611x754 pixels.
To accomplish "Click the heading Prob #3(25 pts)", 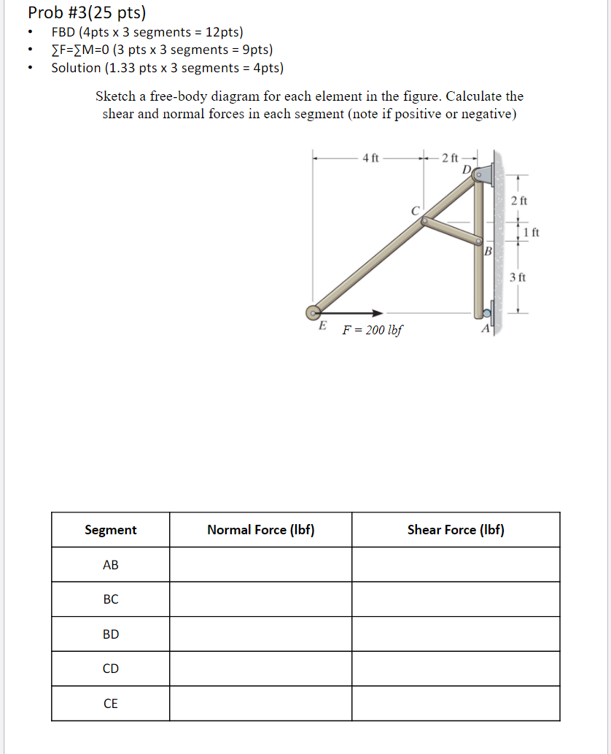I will [86, 12].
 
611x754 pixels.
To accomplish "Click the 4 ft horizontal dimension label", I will [370, 157].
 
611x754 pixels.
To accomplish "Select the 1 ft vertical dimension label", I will [532, 233].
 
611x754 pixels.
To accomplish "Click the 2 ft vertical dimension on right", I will [518, 200].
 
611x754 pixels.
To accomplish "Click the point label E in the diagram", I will [322, 326].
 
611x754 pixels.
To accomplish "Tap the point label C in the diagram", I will [415, 210].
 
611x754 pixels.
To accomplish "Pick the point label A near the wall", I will [485, 328].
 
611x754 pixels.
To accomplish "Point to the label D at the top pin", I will [467, 170].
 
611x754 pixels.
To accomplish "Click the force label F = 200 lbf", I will [372, 330].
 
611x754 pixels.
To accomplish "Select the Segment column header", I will [110, 530].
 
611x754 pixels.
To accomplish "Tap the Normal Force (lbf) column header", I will [260, 530].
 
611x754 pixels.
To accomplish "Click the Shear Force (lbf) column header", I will [456, 530].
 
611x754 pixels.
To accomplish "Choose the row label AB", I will [110, 565].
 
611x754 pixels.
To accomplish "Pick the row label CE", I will [110, 704].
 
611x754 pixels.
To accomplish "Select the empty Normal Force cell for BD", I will [260, 634].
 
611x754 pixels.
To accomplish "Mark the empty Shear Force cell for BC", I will [456, 599].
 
